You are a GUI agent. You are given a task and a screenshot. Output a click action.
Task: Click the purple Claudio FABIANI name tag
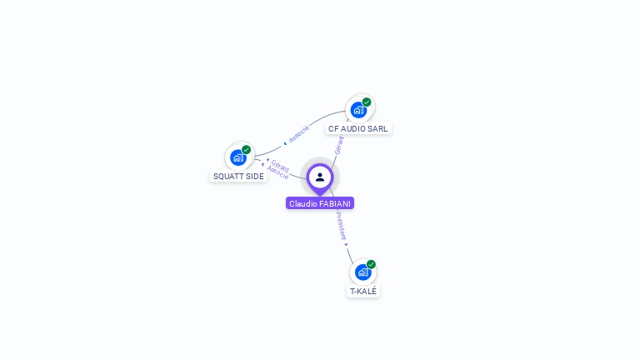coord(320,203)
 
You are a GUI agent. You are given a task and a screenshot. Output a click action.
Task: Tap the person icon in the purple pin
coord(320,177)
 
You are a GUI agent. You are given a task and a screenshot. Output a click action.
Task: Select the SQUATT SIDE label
coord(238,176)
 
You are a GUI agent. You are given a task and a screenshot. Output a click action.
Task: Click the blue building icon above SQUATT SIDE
coord(237,157)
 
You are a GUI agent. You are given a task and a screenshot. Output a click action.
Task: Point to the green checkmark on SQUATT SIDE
coord(247,150)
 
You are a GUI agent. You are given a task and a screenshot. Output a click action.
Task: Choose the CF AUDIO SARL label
coord(357,128)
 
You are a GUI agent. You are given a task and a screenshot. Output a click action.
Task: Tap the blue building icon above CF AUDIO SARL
coord(358,110)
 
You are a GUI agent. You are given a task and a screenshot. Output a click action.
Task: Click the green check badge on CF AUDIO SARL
coord(367,102)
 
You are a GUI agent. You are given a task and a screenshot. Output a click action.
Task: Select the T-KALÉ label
coord(363,291)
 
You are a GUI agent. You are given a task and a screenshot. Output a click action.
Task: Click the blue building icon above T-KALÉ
coord(362,272)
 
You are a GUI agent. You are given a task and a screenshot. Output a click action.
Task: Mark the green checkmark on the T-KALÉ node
coord(371,264)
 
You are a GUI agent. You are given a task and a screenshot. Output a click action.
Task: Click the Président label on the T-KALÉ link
coord(341,225)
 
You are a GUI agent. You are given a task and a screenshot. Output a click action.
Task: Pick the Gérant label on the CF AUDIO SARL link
coord(338,145)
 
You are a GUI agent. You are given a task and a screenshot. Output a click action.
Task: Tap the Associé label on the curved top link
coord(298,133)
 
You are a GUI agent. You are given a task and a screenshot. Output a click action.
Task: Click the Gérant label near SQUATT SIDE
coord(280,165)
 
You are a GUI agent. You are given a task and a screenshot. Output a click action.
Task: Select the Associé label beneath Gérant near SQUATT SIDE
coord(278,173)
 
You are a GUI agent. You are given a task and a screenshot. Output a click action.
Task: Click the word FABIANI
coord(335,203)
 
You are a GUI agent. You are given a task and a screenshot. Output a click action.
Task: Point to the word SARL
coord(378,128)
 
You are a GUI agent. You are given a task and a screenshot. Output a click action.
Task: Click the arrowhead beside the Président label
coord(347,244)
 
